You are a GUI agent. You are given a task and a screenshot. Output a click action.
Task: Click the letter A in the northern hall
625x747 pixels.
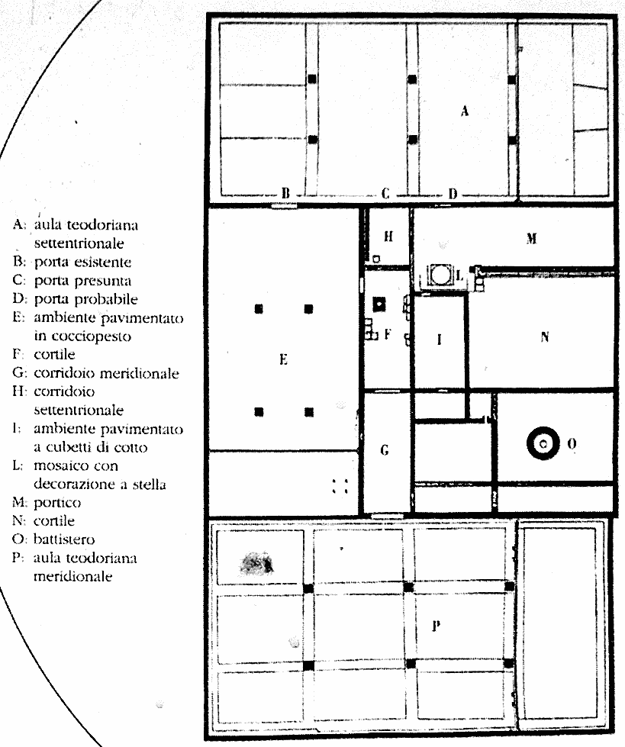(464, 111)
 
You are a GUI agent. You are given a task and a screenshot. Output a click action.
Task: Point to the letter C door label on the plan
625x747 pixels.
(385, 193)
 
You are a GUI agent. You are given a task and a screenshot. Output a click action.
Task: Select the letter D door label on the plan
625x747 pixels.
(452, 193)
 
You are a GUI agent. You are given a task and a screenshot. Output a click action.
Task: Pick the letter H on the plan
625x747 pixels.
(388, 237)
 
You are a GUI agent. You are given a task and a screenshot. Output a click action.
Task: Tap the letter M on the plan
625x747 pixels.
(531, 239)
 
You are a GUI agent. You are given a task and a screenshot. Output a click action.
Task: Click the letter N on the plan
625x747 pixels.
(544, 336)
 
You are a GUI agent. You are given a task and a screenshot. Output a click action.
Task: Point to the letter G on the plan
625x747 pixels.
(385, 451)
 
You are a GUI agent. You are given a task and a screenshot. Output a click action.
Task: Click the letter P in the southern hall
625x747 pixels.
(437, 626)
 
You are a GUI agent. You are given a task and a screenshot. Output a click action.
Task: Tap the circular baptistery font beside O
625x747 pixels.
(543, 443)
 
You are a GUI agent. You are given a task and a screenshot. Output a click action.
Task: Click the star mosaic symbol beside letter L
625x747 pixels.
(439, 275)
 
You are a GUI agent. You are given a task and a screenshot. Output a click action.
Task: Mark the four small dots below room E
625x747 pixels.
(340, 486)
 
